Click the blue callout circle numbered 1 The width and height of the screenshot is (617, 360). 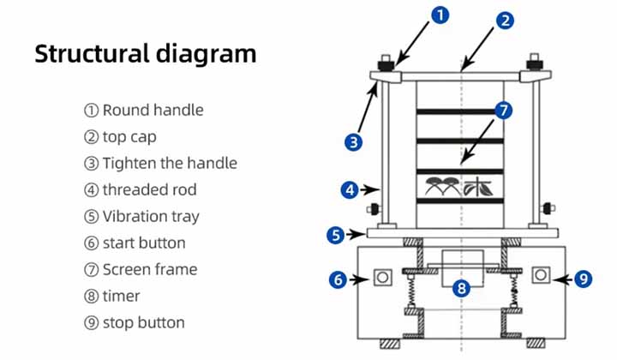[440, 15]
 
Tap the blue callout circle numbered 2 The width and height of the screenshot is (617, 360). [506, 20]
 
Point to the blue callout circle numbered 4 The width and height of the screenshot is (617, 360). [349, 190]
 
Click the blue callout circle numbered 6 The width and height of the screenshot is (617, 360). [338, 278]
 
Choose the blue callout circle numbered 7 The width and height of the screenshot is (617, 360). [504, 111]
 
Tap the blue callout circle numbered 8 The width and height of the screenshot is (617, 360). [462, 289]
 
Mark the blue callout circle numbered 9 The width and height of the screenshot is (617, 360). [583, 278]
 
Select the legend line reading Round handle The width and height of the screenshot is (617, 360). [143, 110]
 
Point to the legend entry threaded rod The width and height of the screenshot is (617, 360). [141, 189]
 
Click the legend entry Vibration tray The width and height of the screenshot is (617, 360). [141, 216]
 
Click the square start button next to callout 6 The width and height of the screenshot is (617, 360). [381, 276]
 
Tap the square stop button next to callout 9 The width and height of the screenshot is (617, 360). [540, 274]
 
